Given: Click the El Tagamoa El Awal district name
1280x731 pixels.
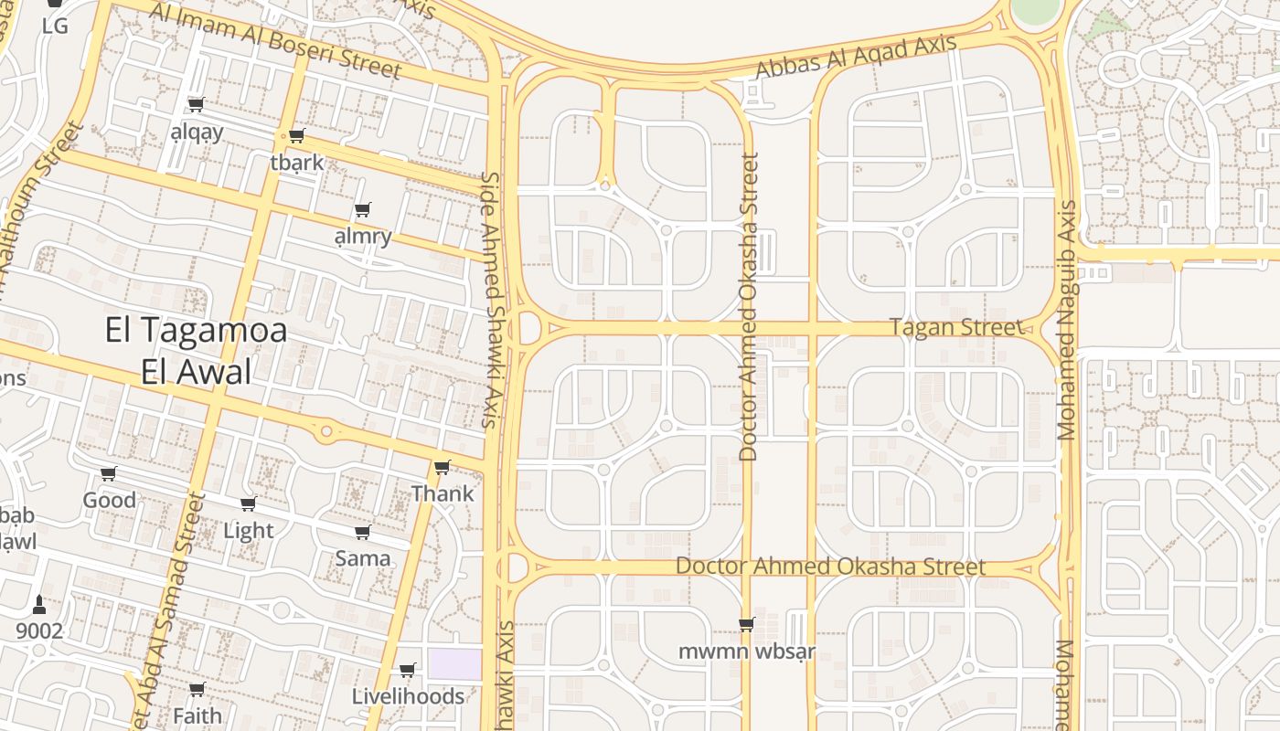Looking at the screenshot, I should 196,350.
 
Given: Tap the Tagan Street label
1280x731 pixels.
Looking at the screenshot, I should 956,327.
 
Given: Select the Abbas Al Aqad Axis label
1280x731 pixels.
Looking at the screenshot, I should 857,58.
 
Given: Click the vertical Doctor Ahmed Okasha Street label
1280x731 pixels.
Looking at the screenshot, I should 749,306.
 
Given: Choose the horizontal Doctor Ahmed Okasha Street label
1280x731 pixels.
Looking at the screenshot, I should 830,567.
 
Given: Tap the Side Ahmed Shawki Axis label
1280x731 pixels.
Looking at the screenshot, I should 492,300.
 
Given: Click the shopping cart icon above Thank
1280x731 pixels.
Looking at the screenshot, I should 443,468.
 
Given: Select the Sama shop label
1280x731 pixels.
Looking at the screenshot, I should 363,558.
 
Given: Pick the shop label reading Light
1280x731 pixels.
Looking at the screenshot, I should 249,531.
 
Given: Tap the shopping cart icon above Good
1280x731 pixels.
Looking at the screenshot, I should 109,473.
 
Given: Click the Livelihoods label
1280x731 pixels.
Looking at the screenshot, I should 408,696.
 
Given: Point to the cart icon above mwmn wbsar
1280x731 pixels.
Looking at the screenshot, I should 746,625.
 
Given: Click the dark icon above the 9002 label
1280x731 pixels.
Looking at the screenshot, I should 38,605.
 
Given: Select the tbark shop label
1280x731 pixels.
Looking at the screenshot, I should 297,163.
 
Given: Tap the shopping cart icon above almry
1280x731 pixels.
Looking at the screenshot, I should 363,210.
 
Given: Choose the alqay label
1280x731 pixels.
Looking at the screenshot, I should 197,132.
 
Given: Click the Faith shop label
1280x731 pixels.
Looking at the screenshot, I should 197,715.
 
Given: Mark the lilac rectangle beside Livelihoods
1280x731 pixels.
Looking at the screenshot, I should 454,664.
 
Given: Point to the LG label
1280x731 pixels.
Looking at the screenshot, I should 55,26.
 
